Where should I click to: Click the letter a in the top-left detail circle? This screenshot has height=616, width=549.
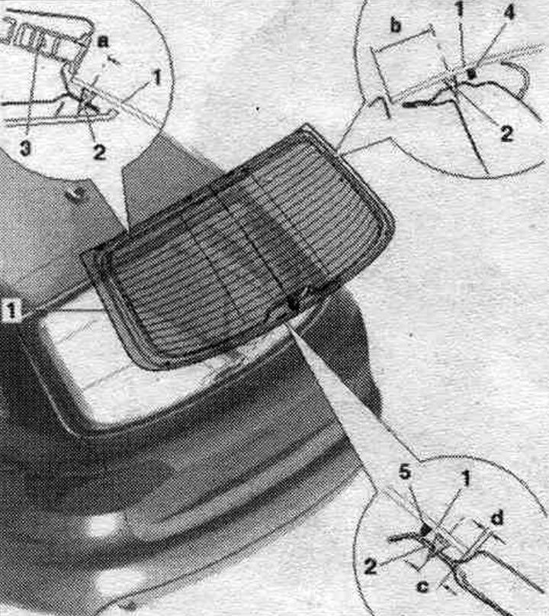(103, 41)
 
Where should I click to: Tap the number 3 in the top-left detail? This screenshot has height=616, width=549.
(25, 150)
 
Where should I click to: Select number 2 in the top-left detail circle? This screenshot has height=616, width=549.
(99, 152)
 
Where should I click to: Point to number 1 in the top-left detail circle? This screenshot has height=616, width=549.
(156, 78)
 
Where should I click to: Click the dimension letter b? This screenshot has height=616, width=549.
(396, 26)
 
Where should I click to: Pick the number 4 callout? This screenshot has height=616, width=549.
(509, 13)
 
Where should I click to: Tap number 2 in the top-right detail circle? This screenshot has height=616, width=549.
(506, 134)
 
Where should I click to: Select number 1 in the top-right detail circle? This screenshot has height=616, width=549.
(460, 8)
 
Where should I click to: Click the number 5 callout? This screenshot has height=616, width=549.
(405, 473)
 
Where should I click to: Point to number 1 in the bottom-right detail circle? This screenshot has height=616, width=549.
(465, 479)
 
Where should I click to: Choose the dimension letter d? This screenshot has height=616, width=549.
(497, 518)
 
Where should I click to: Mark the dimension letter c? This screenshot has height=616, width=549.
(422, 587)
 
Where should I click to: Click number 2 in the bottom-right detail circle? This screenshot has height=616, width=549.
(370, 567)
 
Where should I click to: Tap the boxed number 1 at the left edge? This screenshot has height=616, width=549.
(11, 311)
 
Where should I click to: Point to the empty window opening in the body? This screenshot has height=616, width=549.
(130, 377)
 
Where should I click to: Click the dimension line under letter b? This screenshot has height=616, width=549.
(400, 38)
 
